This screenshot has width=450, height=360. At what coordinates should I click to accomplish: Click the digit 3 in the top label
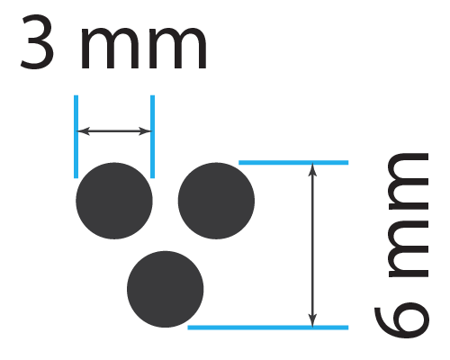[x=37, y=41]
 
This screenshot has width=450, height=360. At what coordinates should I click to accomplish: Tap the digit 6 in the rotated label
[x=401, y=322]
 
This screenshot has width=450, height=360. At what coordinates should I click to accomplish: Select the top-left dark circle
[x=114, y=201]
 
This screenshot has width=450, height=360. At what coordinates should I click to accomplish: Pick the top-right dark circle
[x=216, y=201]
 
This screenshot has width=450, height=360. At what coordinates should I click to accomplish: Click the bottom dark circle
[x=166, y=289]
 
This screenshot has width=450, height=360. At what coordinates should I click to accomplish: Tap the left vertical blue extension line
[x=76, y=137]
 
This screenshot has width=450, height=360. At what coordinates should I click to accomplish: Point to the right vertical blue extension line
[x=152, y=137]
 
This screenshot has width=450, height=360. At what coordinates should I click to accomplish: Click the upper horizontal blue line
[x=293, y=163]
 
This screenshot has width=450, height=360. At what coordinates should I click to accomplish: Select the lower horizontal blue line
[x=268, y=328]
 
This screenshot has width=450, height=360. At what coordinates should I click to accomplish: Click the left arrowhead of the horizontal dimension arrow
[x=83, y=131]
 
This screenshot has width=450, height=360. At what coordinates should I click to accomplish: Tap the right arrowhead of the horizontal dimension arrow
[x=146, y=131]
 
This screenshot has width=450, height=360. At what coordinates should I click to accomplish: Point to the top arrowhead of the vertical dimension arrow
[x=312, y=170]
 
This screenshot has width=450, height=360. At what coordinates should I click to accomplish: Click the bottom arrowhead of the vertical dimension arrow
[x=312, y=319]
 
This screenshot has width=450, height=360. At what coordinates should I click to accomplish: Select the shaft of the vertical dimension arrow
[x=312, y=245]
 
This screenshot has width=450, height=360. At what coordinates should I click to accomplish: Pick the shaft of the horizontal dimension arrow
[x=114, y=131]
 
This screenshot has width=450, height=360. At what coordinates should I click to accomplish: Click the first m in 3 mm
[x=110, y=49]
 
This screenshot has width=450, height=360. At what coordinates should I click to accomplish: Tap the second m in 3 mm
[x=178, y=49]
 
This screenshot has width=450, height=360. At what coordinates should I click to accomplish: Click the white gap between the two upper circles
[x=166, y=201]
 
